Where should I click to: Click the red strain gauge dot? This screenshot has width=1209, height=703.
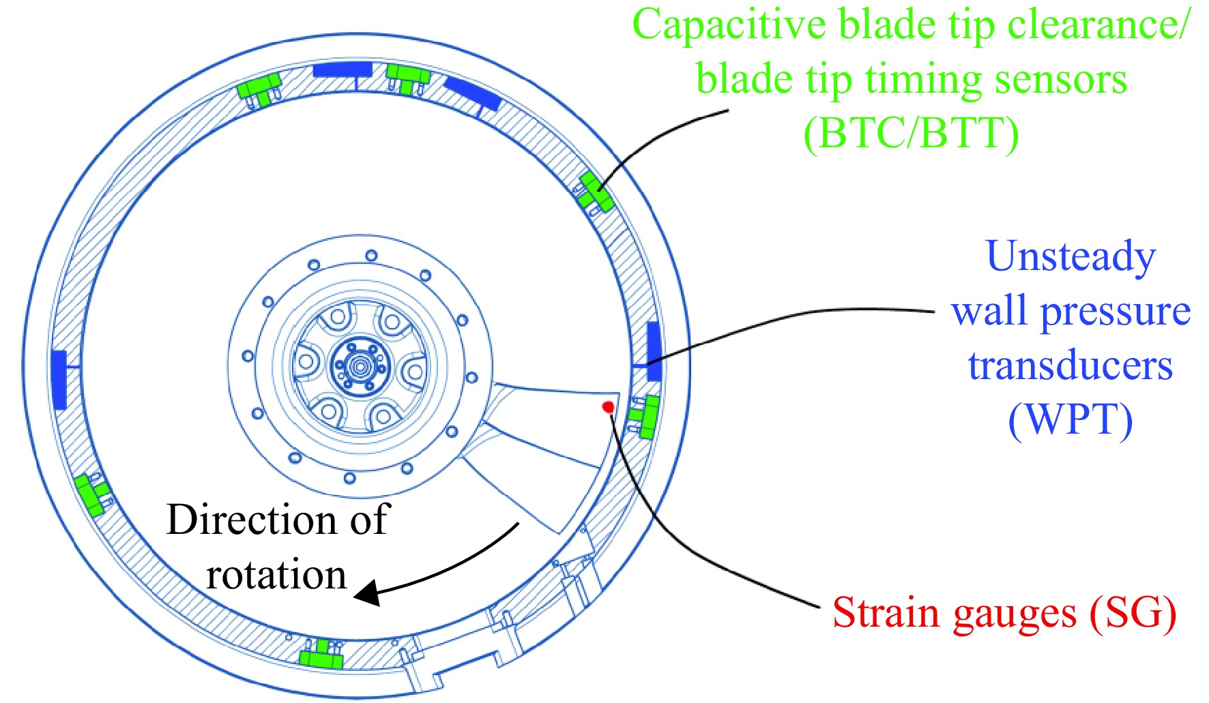click(x=608, y=408)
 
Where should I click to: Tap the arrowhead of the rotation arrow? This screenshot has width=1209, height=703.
click(x=368, y=593)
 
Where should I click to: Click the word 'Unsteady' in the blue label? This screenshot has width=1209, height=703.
click(x=1070, y=258)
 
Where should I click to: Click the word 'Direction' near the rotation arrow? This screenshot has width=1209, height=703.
click(x=252, y=520)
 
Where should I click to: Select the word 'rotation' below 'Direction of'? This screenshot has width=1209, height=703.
click(x=276, y=575)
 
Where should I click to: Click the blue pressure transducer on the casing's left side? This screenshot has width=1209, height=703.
click(x=59, y=380)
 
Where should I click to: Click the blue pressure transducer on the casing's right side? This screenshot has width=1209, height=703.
click(x=654, y=351)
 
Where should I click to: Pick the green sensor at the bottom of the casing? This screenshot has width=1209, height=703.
click(x=321, y=655)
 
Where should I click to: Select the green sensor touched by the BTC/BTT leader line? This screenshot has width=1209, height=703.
click(x=596, y=192)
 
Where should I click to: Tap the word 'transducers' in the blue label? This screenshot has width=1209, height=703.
click(x=1070, y=366)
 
